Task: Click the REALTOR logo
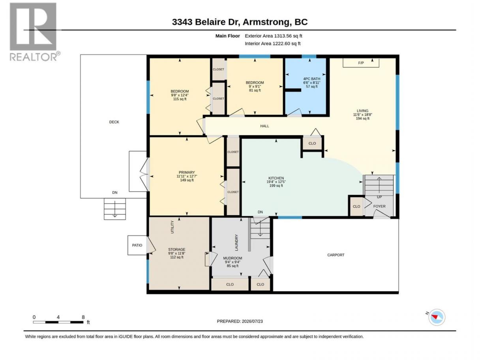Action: (x=35, y=32)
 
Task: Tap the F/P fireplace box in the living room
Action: (x=361, y=63)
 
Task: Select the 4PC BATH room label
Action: (x=311, y=79)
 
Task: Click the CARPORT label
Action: (x=336, y=255)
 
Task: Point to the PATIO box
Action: (x=137, y=245)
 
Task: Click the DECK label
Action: (x=114, y=122)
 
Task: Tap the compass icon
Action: (x=437, y=317)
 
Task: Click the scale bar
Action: (x=58, y=322)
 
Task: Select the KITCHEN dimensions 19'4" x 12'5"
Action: (x=276, y=182)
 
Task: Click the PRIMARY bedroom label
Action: (x=187, y=172)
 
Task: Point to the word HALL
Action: (x=264, y=126)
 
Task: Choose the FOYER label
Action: (x=379, y=206)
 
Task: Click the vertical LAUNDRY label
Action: (x=236, y=243)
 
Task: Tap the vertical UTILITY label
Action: (x=172, y=227)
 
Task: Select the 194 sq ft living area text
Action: (x=363, y=118)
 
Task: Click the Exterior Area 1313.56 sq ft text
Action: (x=273, y=36)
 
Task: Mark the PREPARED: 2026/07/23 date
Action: (x=240, y=321)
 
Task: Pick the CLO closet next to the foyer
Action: (x=356, y=206)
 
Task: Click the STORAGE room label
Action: (x=177, y=249)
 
